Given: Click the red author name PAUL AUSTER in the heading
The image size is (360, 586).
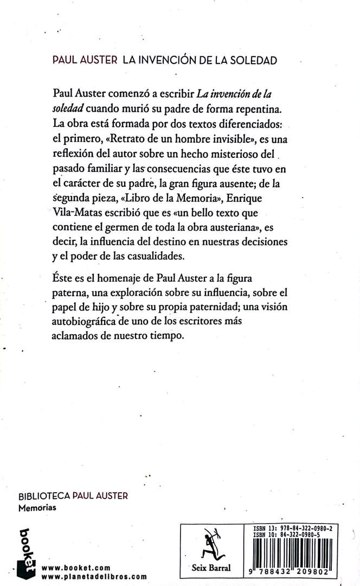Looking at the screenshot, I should coord(85,60).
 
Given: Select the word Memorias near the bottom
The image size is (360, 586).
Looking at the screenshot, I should coord(37,508).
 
